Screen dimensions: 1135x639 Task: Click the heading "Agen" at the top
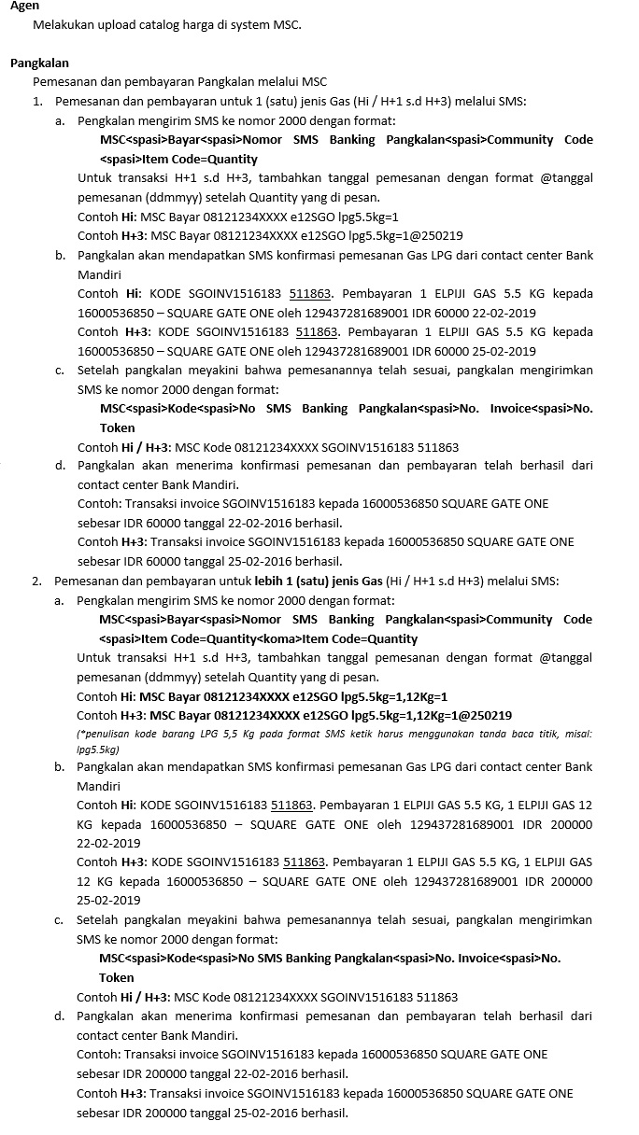point(24,7)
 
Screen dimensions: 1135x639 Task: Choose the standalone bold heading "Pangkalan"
point(39,63)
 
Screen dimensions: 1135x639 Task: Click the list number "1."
point(37,101)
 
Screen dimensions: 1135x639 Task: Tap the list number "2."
point(37,581)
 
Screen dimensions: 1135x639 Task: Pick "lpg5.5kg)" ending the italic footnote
point(98,749)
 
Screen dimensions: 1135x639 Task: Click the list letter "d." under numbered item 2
point(60,1016)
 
